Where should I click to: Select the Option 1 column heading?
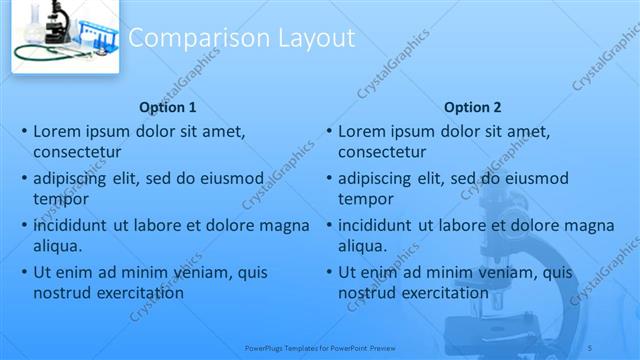click(x=168, y=107)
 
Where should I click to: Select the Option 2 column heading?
click(x=473, y=107)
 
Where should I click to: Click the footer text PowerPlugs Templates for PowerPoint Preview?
click(x=316, y=347)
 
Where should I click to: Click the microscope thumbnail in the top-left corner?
click(x=65, y=36)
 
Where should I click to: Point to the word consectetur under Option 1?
click(x=77, y=152)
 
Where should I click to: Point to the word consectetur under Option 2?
click(x=382, y=152)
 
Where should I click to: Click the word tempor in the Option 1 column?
click(x=57, y=198)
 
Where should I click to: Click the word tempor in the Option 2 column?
click(x=362, y=198)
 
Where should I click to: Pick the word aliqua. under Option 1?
click(x=57, y=245)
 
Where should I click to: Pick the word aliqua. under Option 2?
click(x=362, y=245)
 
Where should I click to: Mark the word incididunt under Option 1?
click(x=70, y=226)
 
